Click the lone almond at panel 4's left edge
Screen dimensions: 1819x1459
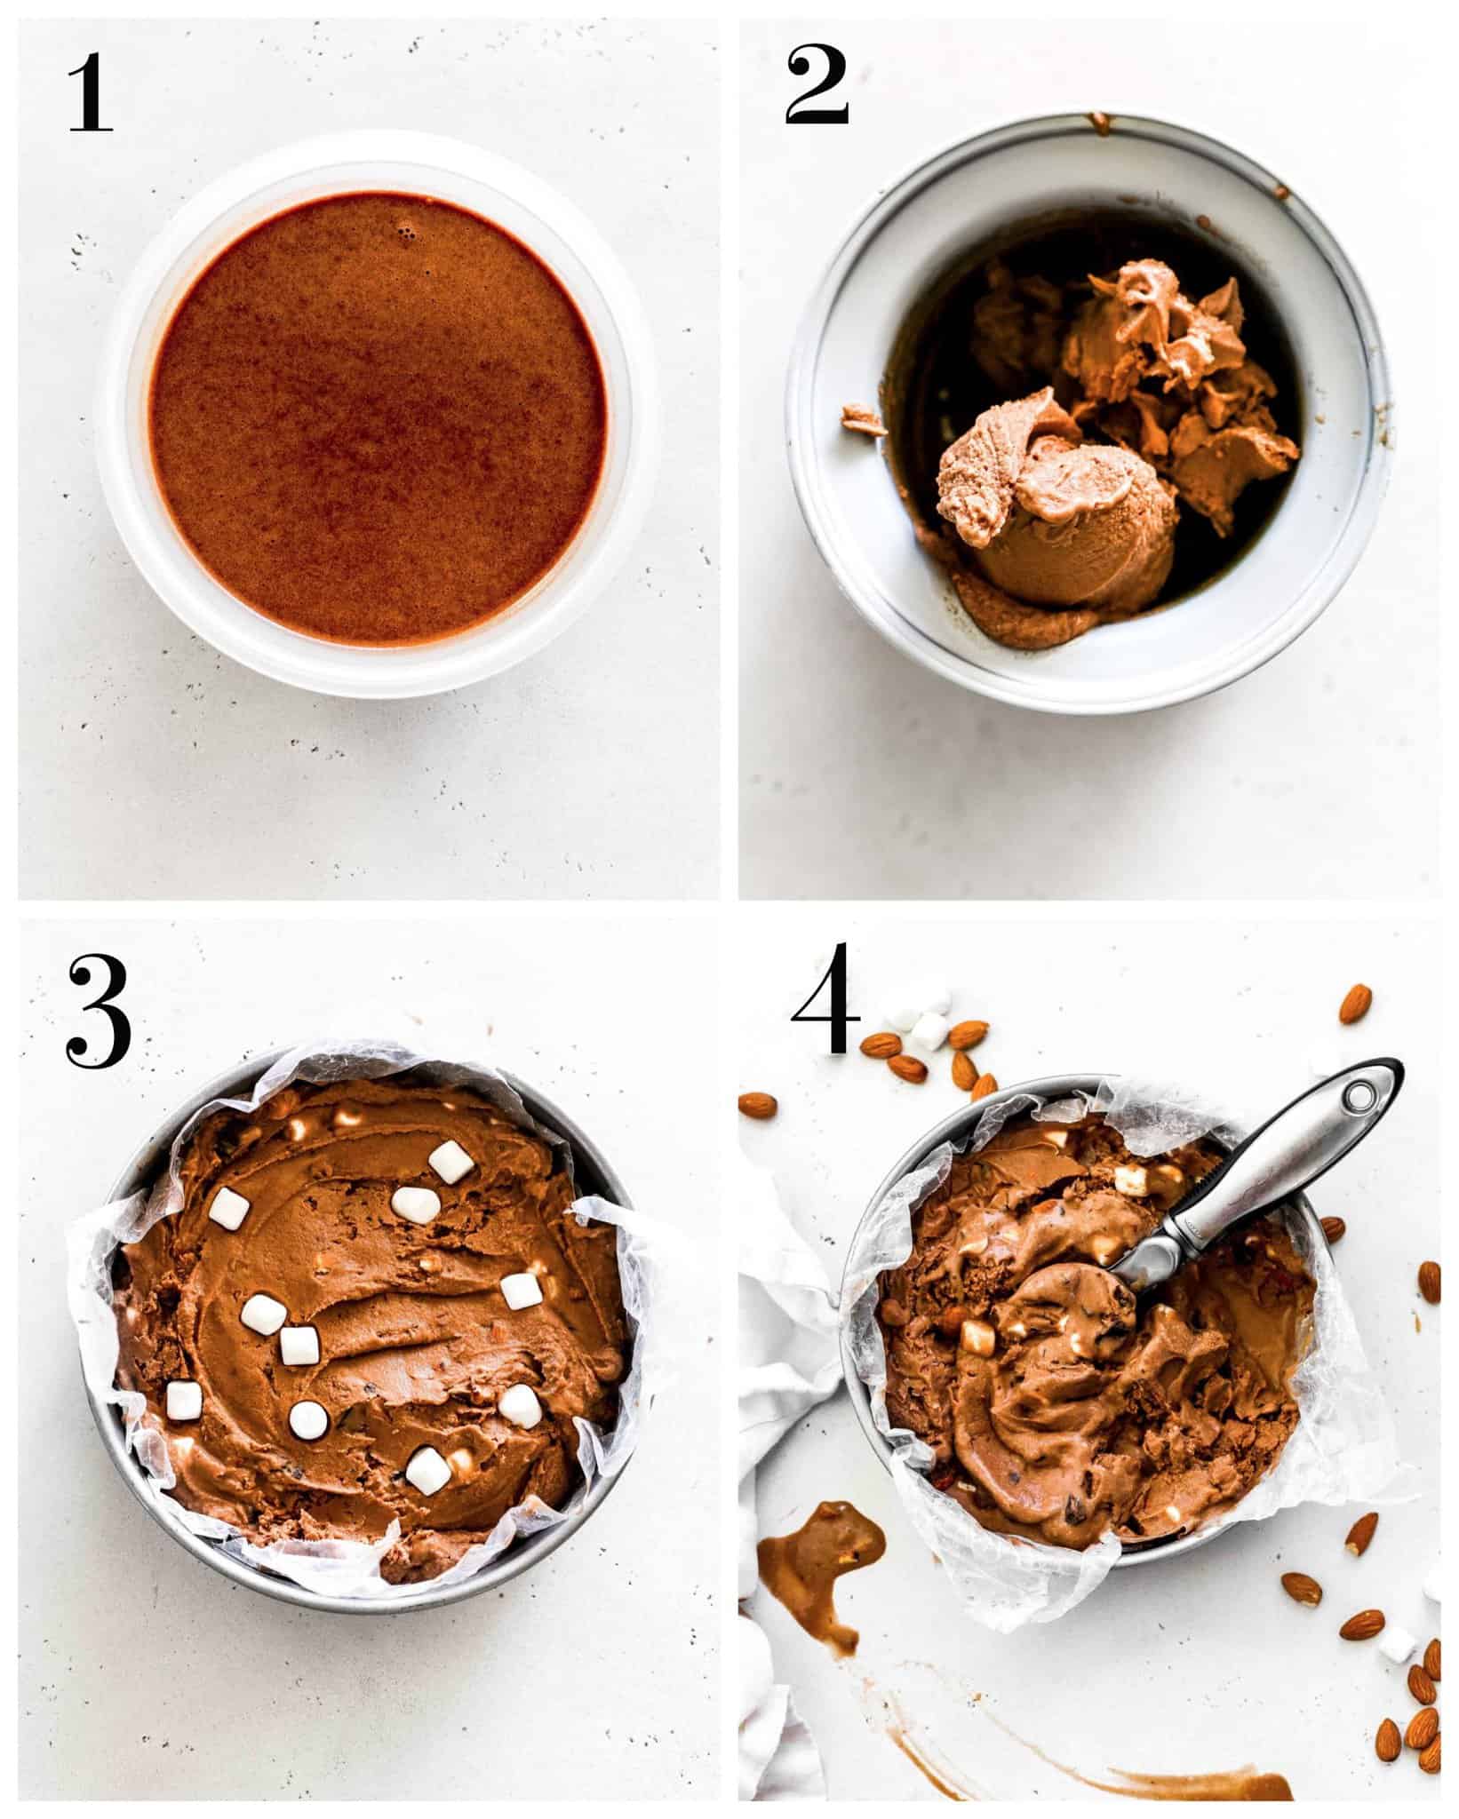click(x=757, y=1104)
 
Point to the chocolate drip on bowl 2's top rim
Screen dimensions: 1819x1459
click(x=1102, y=122)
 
